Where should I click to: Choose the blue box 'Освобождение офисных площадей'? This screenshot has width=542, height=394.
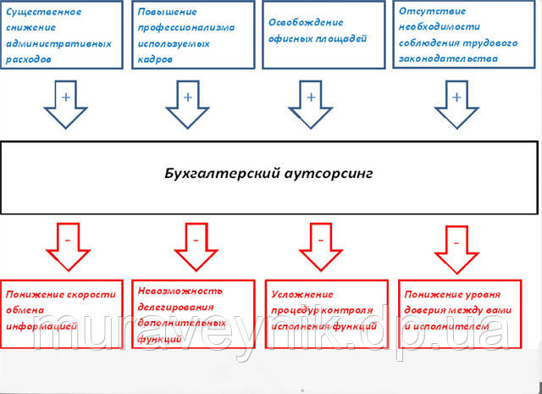(320, 36)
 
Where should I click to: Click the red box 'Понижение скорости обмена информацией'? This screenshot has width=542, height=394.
(62, 311)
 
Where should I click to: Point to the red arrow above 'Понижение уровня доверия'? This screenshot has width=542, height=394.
(456, 247)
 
